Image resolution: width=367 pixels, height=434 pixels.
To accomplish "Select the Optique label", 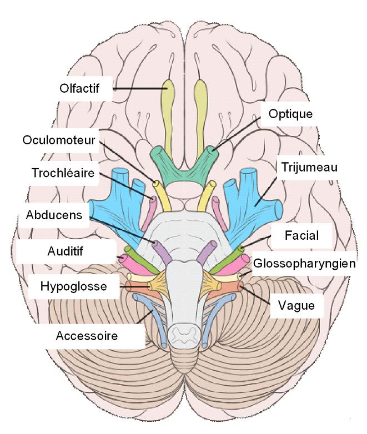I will coord(290,114).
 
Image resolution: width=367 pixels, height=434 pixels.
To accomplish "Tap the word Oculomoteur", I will coord(59,140).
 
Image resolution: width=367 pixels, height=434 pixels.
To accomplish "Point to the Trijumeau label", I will coord(309,166).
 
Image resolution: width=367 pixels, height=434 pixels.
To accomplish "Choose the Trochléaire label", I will coord(62,172).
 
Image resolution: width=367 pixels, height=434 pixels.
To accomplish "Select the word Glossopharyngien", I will coord(304,263).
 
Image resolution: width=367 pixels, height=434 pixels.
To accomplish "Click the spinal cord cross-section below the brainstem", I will coord(183,334).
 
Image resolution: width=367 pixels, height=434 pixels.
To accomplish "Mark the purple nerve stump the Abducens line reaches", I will coord(157,245).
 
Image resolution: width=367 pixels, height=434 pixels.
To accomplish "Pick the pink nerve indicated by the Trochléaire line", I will coord(150,198).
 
